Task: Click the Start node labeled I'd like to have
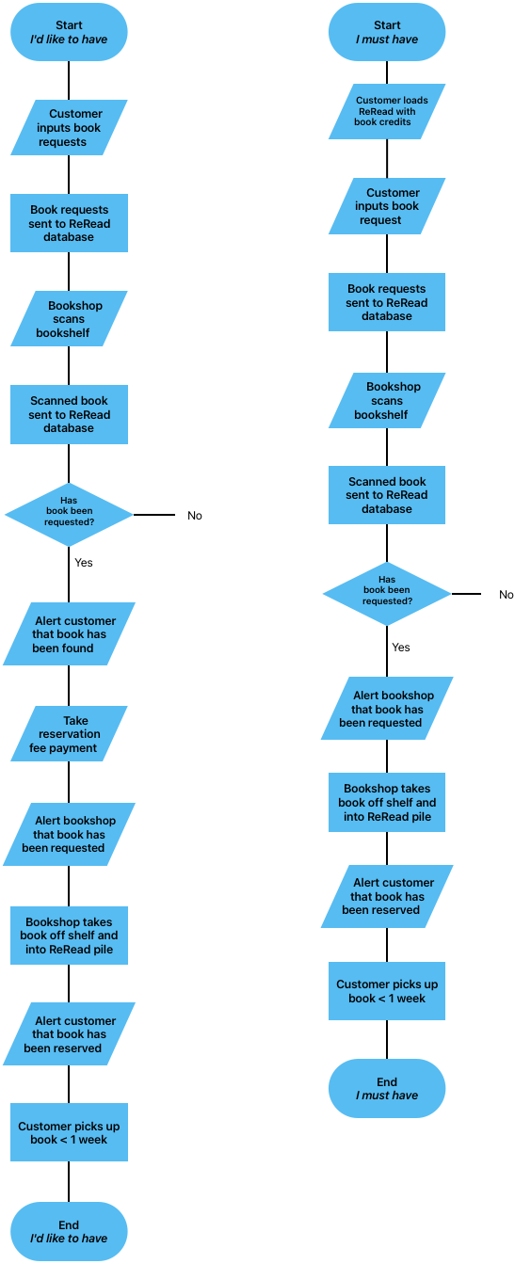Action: (x=69, y=33)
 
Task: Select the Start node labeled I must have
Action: (x=386, y=33)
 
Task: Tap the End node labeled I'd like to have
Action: (x=69, y=1231)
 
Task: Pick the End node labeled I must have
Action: (x=386, y=1088)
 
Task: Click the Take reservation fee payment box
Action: (x=69, y=734)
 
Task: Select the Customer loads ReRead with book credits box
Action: (x=386, y=111)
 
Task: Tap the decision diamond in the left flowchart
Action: (x=69, y=515)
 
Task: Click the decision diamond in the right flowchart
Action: (x=386, y=594)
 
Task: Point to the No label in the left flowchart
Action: (x=195, y=516)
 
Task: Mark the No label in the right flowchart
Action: (x=507, y=595)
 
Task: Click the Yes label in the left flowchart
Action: (x=84, y=563)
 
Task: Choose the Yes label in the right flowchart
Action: (x=401, y=648)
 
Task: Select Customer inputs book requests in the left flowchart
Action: (x=69, y=128)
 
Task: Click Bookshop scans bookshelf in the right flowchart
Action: (x=386, y=401)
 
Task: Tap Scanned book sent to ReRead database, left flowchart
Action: (x=69, y=414)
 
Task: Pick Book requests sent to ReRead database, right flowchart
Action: (x=386, y=302)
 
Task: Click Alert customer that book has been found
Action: (x=69, y=634)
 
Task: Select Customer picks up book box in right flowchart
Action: (x=386, y=991)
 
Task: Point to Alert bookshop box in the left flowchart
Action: (x=69, y=834)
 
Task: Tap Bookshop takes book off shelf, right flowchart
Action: (x=386, y=803)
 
